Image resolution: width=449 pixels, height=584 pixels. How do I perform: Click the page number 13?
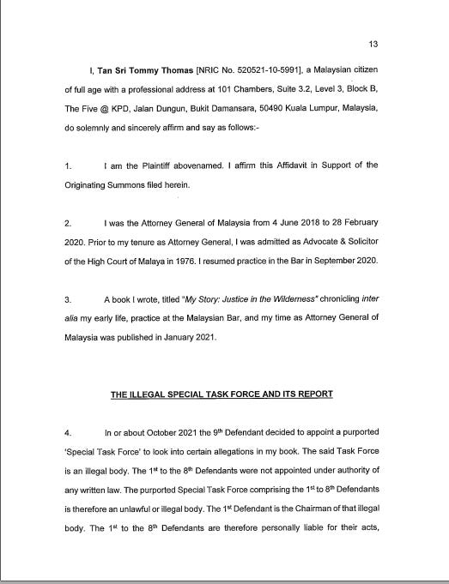[373, 44]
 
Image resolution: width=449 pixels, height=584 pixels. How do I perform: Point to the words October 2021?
[178, 434]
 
